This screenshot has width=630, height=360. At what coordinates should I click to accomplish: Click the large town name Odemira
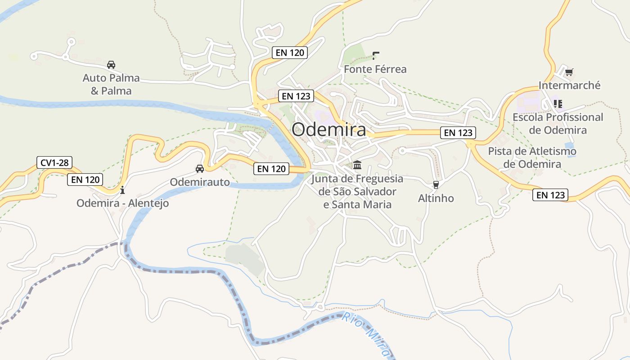pyautogui.click(x=328, y=130)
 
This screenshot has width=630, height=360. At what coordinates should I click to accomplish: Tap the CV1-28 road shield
pyautogui.click(x=54, y=162)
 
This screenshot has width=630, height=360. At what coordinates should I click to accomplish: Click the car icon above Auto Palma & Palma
pyautogui.click(x=111, y=64)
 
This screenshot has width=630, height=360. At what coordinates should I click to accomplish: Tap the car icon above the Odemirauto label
pyautogui.click(x=200, y=169)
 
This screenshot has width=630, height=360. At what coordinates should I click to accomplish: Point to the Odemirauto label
pyautogui.click(x=200, y=182)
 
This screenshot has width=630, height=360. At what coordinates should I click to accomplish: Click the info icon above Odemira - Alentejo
pyautogui.click(x=122, y=190)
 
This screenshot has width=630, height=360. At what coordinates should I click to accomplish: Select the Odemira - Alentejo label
pyautogui.click(x=122, y=203)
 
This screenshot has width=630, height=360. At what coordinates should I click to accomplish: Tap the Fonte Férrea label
pyautogui.click(x=375, y=69)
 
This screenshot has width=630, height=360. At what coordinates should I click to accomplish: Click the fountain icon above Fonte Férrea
pyautogui.click(x=376, y=56)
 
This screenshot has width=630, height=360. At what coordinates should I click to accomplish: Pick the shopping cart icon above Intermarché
pyautogui.click(x=569, y=72)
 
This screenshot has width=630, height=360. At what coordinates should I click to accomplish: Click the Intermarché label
pyautogui.click(x=569, y=85)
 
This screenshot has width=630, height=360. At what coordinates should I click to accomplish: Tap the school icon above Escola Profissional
pyautogui.click(x=558, y=104)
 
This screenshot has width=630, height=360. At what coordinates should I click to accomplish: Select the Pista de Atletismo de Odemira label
pyautogui.click(x=532, y=157)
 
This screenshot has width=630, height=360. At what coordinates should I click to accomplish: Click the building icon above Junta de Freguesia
pyautogui.click(x=357, y=165)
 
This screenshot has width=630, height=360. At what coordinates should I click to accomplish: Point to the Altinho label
pyautogui.click(x=436, y=198)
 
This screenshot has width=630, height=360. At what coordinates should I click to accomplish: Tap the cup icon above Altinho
pyautogui.click(x=436, y=184)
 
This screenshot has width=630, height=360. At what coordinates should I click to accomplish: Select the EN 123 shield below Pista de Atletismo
pyautogui.click(x=550, y=195)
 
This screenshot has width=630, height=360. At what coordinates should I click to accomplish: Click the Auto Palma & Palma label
pyautogui.click(x=111, y=85)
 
